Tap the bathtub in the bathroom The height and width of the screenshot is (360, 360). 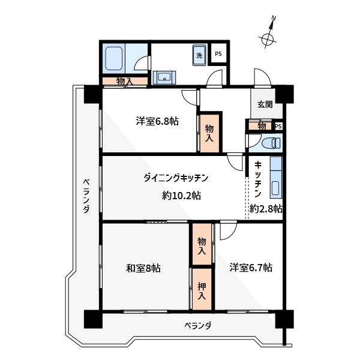(x=114, y=59)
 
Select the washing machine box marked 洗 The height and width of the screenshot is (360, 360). (x=199, y=56)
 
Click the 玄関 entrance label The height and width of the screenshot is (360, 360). (x=265, y=104)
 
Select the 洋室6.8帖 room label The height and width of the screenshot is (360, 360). (x=157, y=121)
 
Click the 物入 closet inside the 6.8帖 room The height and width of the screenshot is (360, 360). (x=209, y=133)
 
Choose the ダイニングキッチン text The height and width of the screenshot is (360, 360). (x=176, y=178)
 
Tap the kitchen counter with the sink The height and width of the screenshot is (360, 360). (x=276, y=178)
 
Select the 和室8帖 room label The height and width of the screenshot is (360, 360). (x=143, y=268)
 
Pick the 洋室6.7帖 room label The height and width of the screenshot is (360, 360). (x=251, y=268)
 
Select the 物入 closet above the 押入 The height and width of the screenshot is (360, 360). (x=202, y=245)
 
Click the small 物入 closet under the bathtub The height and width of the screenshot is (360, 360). (x=124, y=81)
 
